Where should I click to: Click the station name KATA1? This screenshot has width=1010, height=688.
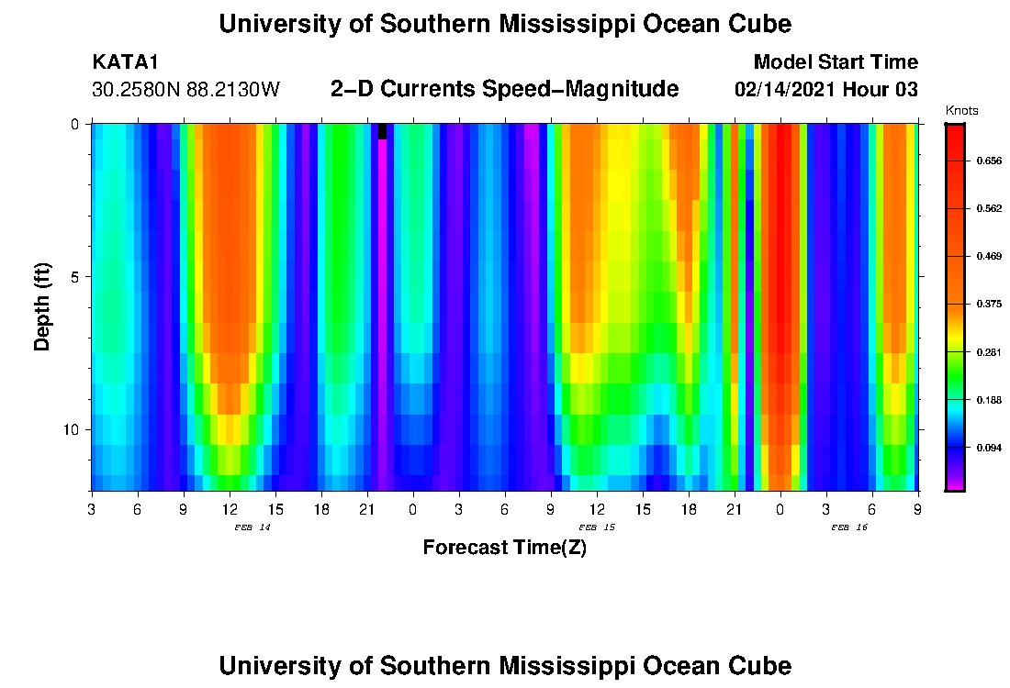[x=126, y=62]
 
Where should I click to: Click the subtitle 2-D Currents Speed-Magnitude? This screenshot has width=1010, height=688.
[x=504, y=89]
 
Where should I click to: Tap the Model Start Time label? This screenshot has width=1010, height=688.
[x=835, y=62]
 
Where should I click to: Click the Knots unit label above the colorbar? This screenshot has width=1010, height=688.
[x=961, y=111]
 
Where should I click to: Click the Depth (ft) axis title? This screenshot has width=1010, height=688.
[x=42, y=306]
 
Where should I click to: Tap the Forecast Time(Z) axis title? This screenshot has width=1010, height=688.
[x=504, y=548]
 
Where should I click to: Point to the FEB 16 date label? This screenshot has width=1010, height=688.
[x=848, y=527]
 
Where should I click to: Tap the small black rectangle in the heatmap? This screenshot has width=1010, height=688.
[x=382, y=131]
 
